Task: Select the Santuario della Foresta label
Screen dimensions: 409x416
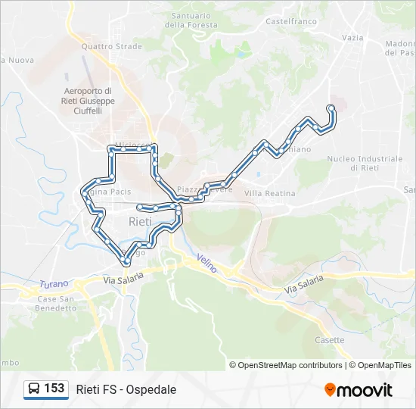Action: tap(191, 20)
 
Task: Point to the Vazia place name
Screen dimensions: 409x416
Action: tap(352, 37)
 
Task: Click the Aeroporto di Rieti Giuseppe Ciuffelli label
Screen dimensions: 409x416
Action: tap(89, 101)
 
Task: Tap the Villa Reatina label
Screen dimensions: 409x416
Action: tap(270, 193)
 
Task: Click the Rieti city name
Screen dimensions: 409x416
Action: tap(141, 222)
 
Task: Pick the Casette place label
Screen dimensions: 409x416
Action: tap(330, 340)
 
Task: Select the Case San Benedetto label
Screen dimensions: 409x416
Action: tap(56, 303)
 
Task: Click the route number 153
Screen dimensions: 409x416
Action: tap(54, 389)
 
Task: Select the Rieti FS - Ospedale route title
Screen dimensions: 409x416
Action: tap(126, 389)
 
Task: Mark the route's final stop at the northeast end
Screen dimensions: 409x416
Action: tap(331, 108)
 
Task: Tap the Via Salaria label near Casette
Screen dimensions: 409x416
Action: tap(303, 285)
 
